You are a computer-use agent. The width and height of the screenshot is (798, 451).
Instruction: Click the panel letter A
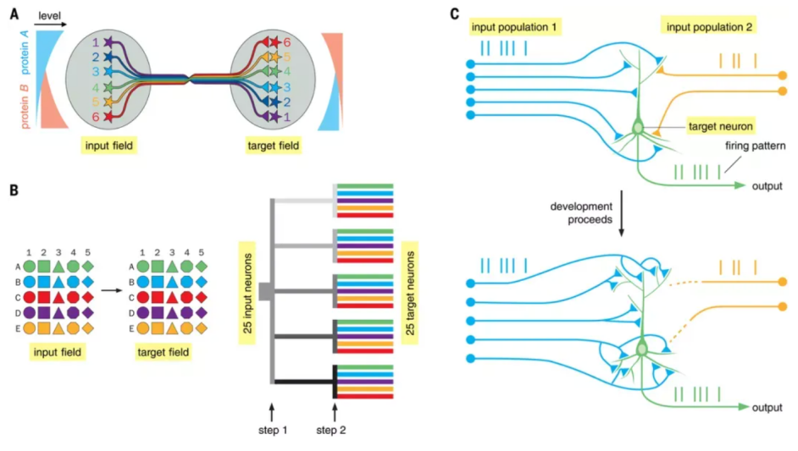point(14,13)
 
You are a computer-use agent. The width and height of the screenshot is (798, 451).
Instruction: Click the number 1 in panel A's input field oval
point(96,41)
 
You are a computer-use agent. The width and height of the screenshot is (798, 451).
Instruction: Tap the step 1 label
point(273,430)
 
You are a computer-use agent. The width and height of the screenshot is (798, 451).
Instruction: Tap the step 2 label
point(335,430)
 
